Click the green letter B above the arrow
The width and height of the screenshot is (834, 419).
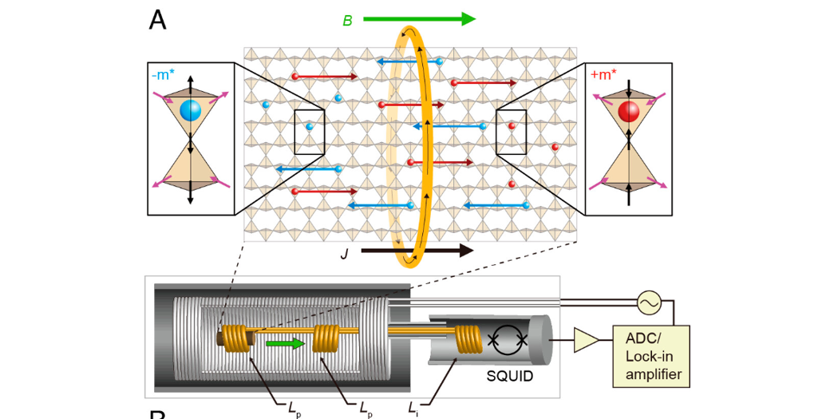347,21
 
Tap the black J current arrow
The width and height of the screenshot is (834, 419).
416,251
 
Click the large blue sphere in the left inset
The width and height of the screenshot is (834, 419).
190,112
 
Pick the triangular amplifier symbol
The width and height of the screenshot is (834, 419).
587,341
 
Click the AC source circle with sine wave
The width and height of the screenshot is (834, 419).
647,302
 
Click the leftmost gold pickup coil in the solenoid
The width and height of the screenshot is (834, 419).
235,339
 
